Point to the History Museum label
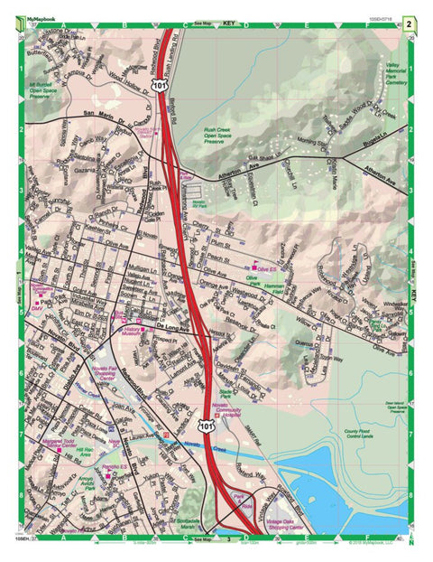[x=134, y=332]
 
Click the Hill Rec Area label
[x=85, y=450]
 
